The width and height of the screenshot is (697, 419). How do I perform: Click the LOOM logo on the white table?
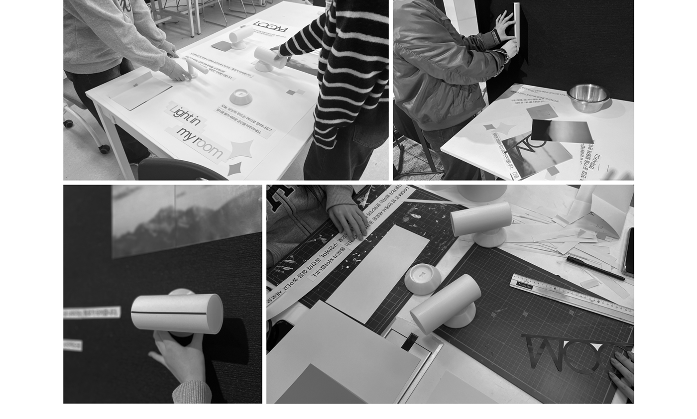click(x=270, y=26)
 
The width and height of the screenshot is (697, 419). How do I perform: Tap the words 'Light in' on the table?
click(x=185, y=116)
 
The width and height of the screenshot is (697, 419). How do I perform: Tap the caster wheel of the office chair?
click(x=104, y=148)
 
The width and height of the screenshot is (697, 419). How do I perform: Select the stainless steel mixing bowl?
click(x=588, y=97)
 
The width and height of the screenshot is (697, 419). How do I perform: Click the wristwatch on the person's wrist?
click(x=495, y=37)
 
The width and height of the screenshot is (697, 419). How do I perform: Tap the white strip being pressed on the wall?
click(x=516, y=25)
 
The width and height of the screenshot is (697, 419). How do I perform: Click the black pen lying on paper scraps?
click(x=594, y=268)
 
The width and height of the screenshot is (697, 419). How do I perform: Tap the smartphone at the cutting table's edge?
click(x=628, y=252)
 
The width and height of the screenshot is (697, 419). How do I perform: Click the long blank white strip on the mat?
click(x=377, y=273)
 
